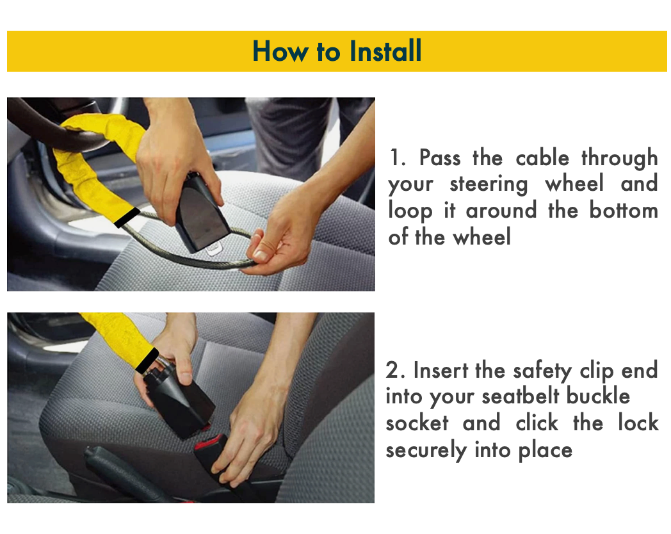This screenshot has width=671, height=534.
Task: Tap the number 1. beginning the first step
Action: (398, 158)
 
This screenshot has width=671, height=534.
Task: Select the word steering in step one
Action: (489, 184)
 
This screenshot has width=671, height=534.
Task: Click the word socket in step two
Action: (417, 423)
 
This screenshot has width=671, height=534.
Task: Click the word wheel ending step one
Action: (481, 238)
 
